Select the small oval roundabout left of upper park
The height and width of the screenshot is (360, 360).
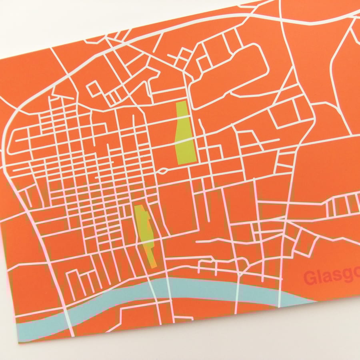[x=163, y=171]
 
